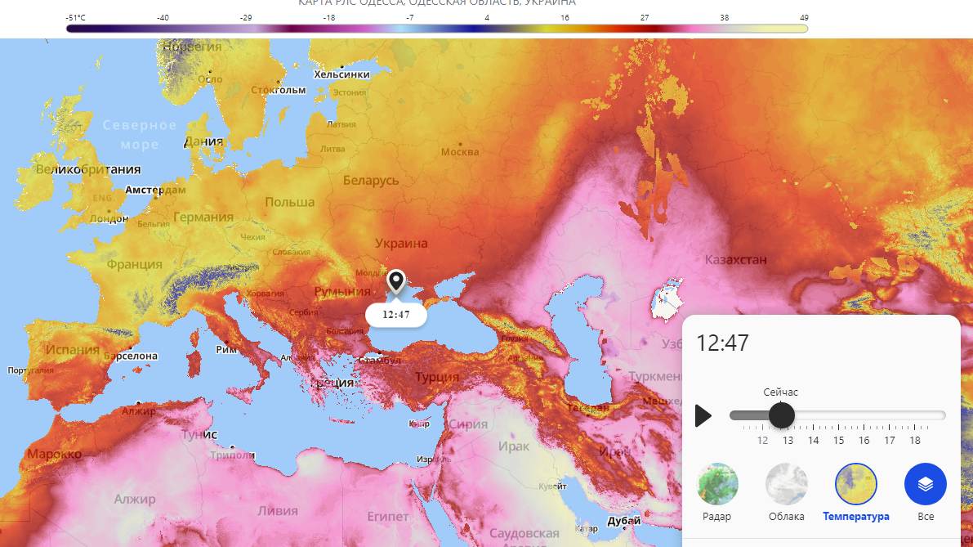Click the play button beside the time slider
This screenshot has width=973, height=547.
click(x=703, y=415)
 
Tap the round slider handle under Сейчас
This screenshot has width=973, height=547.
click(x=782, y=415)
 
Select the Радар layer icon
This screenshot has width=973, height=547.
click(x=717, y=484)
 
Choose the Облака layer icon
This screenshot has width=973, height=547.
click(x=786, y=484)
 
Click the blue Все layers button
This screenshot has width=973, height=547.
click(x=925, y=484)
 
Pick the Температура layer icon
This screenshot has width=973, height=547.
click(x=855, y=484)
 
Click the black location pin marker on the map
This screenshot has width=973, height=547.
click(x=396, y=282)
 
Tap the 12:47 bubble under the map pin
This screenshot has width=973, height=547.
click(x=396, y=315)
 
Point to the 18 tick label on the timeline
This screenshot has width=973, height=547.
click(x=915, y=441)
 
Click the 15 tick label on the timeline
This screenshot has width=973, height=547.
click(x=838, y=441)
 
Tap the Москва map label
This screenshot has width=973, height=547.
click(x=460, y=152)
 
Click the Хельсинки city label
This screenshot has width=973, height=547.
click(x=341, y=74)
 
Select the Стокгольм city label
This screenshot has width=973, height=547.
click(x=278, y=90)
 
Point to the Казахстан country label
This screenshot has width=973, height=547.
click(x=736, y=260)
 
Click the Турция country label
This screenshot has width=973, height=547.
click(x=437, y=377)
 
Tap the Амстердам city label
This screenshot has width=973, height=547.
click(x=155, y=190)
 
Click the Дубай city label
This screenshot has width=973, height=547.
click(x=624, y=521)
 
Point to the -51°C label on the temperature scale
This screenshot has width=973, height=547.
click(x=76, y=16)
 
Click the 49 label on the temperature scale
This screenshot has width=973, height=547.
click(x=804, y=16)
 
